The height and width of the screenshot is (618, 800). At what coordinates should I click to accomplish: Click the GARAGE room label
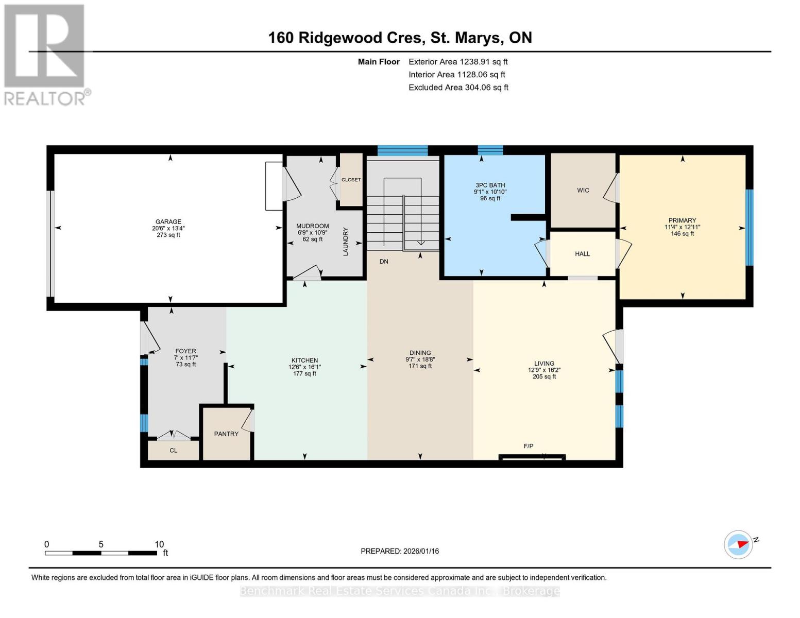(168, 221)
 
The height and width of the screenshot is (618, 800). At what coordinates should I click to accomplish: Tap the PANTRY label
(226, 434)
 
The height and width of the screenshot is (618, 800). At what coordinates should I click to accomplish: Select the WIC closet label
(583, 191)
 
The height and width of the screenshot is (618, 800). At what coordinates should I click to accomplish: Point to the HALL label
(582, 253)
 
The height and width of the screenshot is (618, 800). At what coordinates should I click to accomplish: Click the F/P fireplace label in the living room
(529, 446)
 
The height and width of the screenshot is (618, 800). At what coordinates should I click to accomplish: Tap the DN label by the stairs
(384, 261)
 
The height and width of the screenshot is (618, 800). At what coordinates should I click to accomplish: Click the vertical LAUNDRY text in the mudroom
(345, 242)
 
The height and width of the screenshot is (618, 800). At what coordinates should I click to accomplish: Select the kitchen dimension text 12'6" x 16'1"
(304, 367)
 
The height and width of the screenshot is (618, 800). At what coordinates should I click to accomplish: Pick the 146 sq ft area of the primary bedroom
(682, 234)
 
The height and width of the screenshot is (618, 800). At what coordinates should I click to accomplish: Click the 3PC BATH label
(490, 185)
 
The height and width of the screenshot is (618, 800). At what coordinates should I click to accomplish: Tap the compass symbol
(738, 545)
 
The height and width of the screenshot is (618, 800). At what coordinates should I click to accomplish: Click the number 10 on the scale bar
(159, 544)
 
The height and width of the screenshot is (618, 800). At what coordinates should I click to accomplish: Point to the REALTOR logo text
(45, 99)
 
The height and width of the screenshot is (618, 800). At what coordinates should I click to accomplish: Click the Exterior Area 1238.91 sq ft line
(458, 62)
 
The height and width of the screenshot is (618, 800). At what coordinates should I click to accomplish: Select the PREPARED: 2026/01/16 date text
(399, 551)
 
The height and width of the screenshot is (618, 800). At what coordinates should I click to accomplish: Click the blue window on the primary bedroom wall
(749, 228)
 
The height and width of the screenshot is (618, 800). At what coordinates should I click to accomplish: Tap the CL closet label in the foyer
(174, 451)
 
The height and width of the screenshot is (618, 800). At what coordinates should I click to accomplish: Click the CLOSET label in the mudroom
(351, 180)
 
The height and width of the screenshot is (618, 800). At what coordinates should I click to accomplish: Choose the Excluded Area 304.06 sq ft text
(458, 88)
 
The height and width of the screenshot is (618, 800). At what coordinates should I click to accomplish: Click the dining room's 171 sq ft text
(420, 366)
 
